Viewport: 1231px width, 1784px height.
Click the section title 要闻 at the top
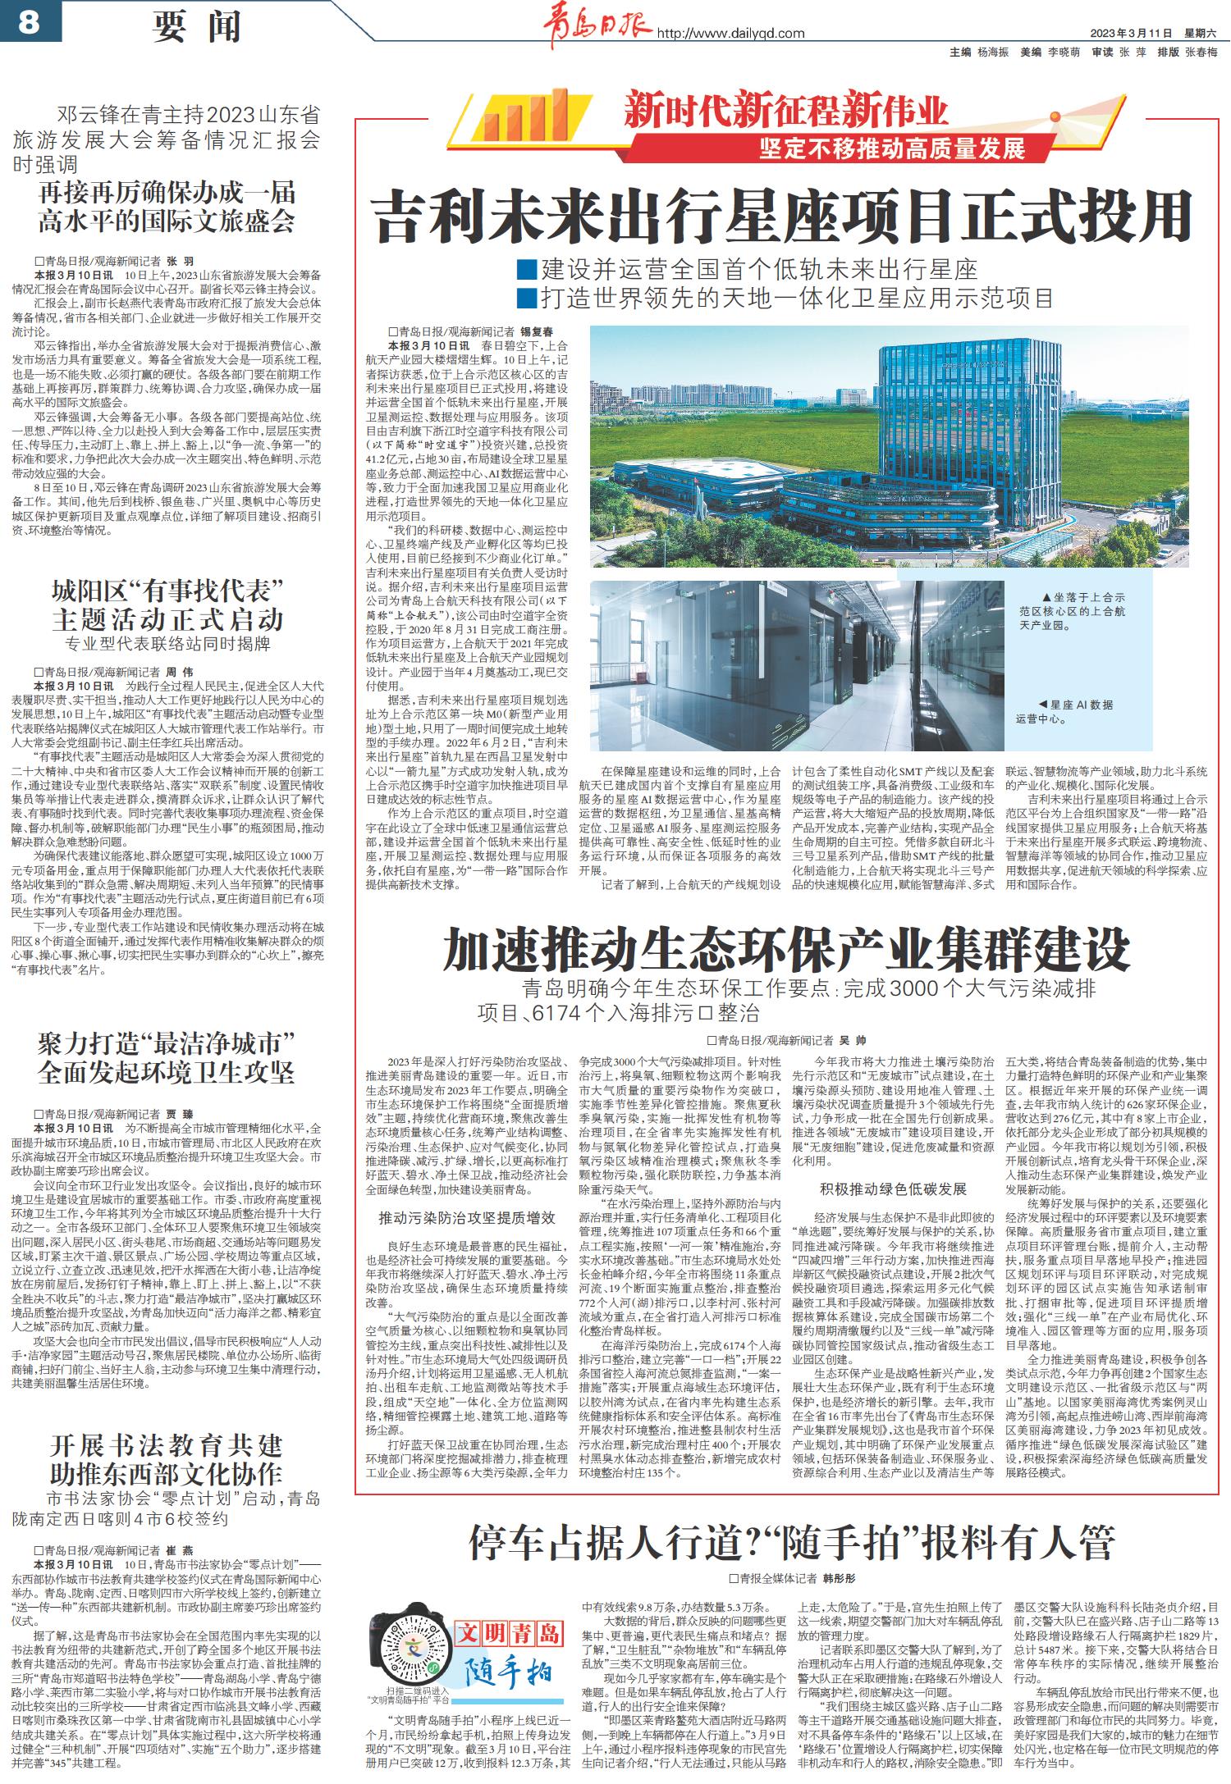[x=198, y=26]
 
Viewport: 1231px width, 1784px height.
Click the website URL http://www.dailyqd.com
[x=730, y=33]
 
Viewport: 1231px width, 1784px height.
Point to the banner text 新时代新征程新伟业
[x=785, y=110]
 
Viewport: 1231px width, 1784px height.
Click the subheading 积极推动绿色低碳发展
[x=893, y=1189]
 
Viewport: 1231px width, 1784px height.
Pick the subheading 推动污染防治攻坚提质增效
[x=466, y=1218]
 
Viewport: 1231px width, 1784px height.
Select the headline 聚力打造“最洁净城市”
[x=166, y=1058]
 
